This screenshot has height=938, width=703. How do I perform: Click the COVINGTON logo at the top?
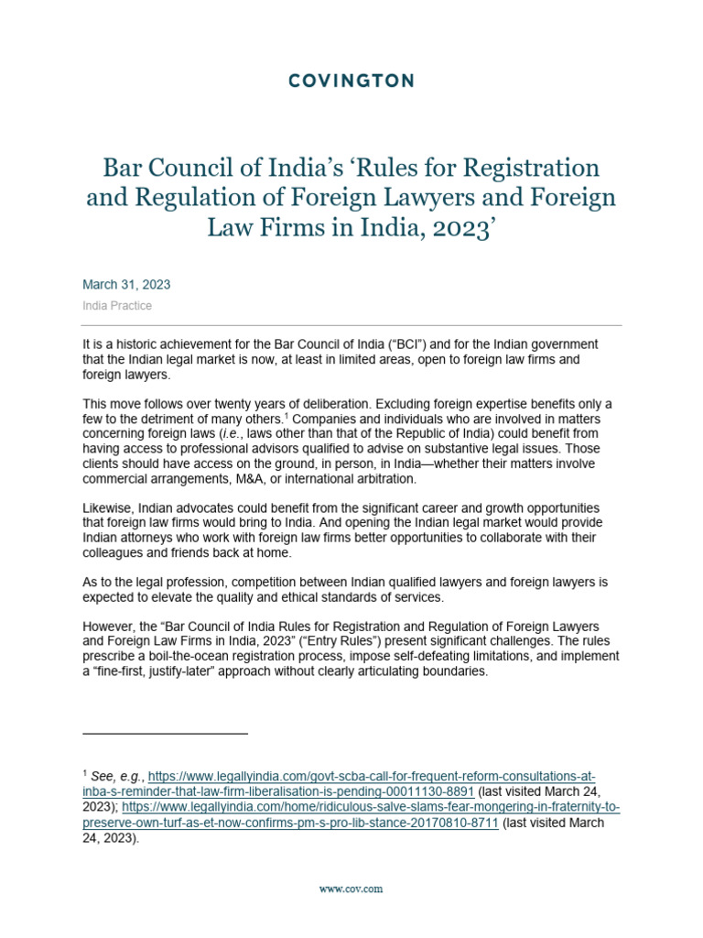click(351, 82)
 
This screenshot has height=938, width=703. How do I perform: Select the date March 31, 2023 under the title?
click(126, 285)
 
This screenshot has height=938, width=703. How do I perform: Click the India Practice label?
click(117, 306)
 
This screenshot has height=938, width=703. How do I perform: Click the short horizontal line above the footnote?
click(165, 734)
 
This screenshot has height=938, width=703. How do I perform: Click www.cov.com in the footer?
click(351, 889)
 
